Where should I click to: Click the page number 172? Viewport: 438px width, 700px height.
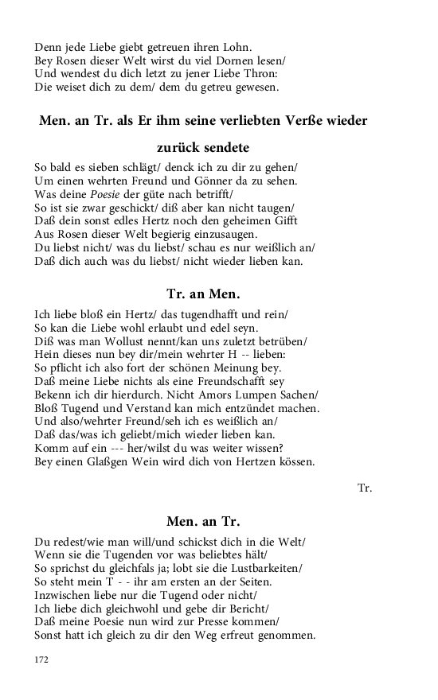point(41,659)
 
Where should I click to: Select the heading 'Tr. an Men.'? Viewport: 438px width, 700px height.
point(203,293)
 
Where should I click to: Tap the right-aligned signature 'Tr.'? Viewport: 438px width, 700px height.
point(365,487)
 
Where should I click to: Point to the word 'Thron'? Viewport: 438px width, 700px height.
point(259,73)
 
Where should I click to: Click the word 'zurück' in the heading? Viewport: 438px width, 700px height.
point(190,148)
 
